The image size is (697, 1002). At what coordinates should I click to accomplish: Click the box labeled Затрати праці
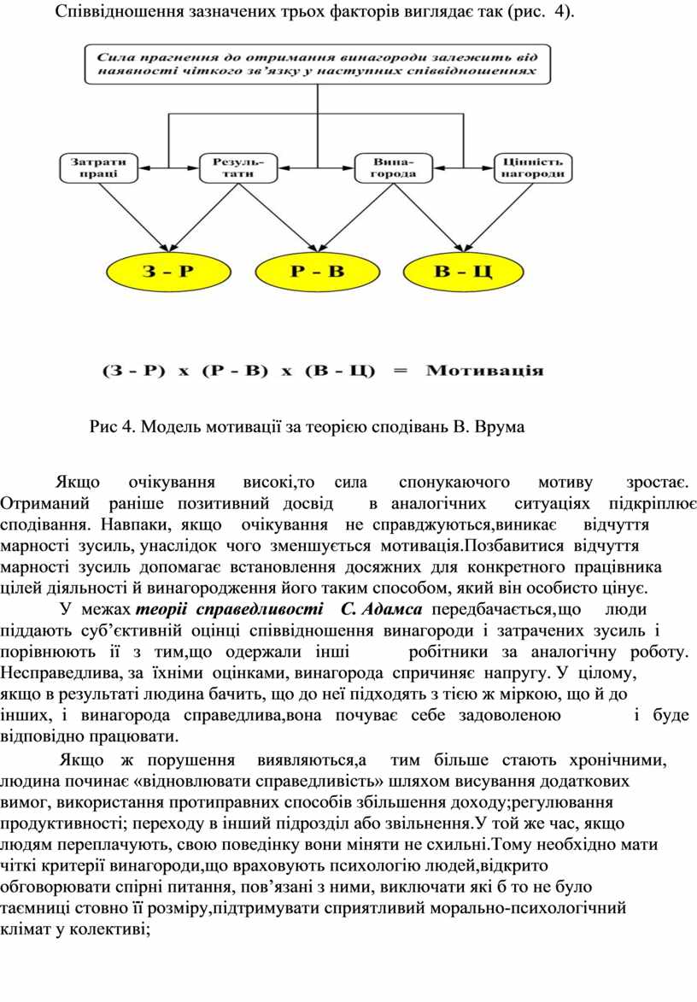click(98, 167)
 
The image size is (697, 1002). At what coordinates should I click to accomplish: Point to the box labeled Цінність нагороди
click(532, 167)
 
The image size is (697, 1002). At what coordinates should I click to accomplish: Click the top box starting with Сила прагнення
click(317, 64)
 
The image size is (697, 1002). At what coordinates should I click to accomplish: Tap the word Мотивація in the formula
click(484, 371)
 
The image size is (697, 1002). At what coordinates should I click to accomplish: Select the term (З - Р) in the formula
click(133, 371)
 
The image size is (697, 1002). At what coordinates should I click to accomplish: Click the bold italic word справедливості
click(259, 609)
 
